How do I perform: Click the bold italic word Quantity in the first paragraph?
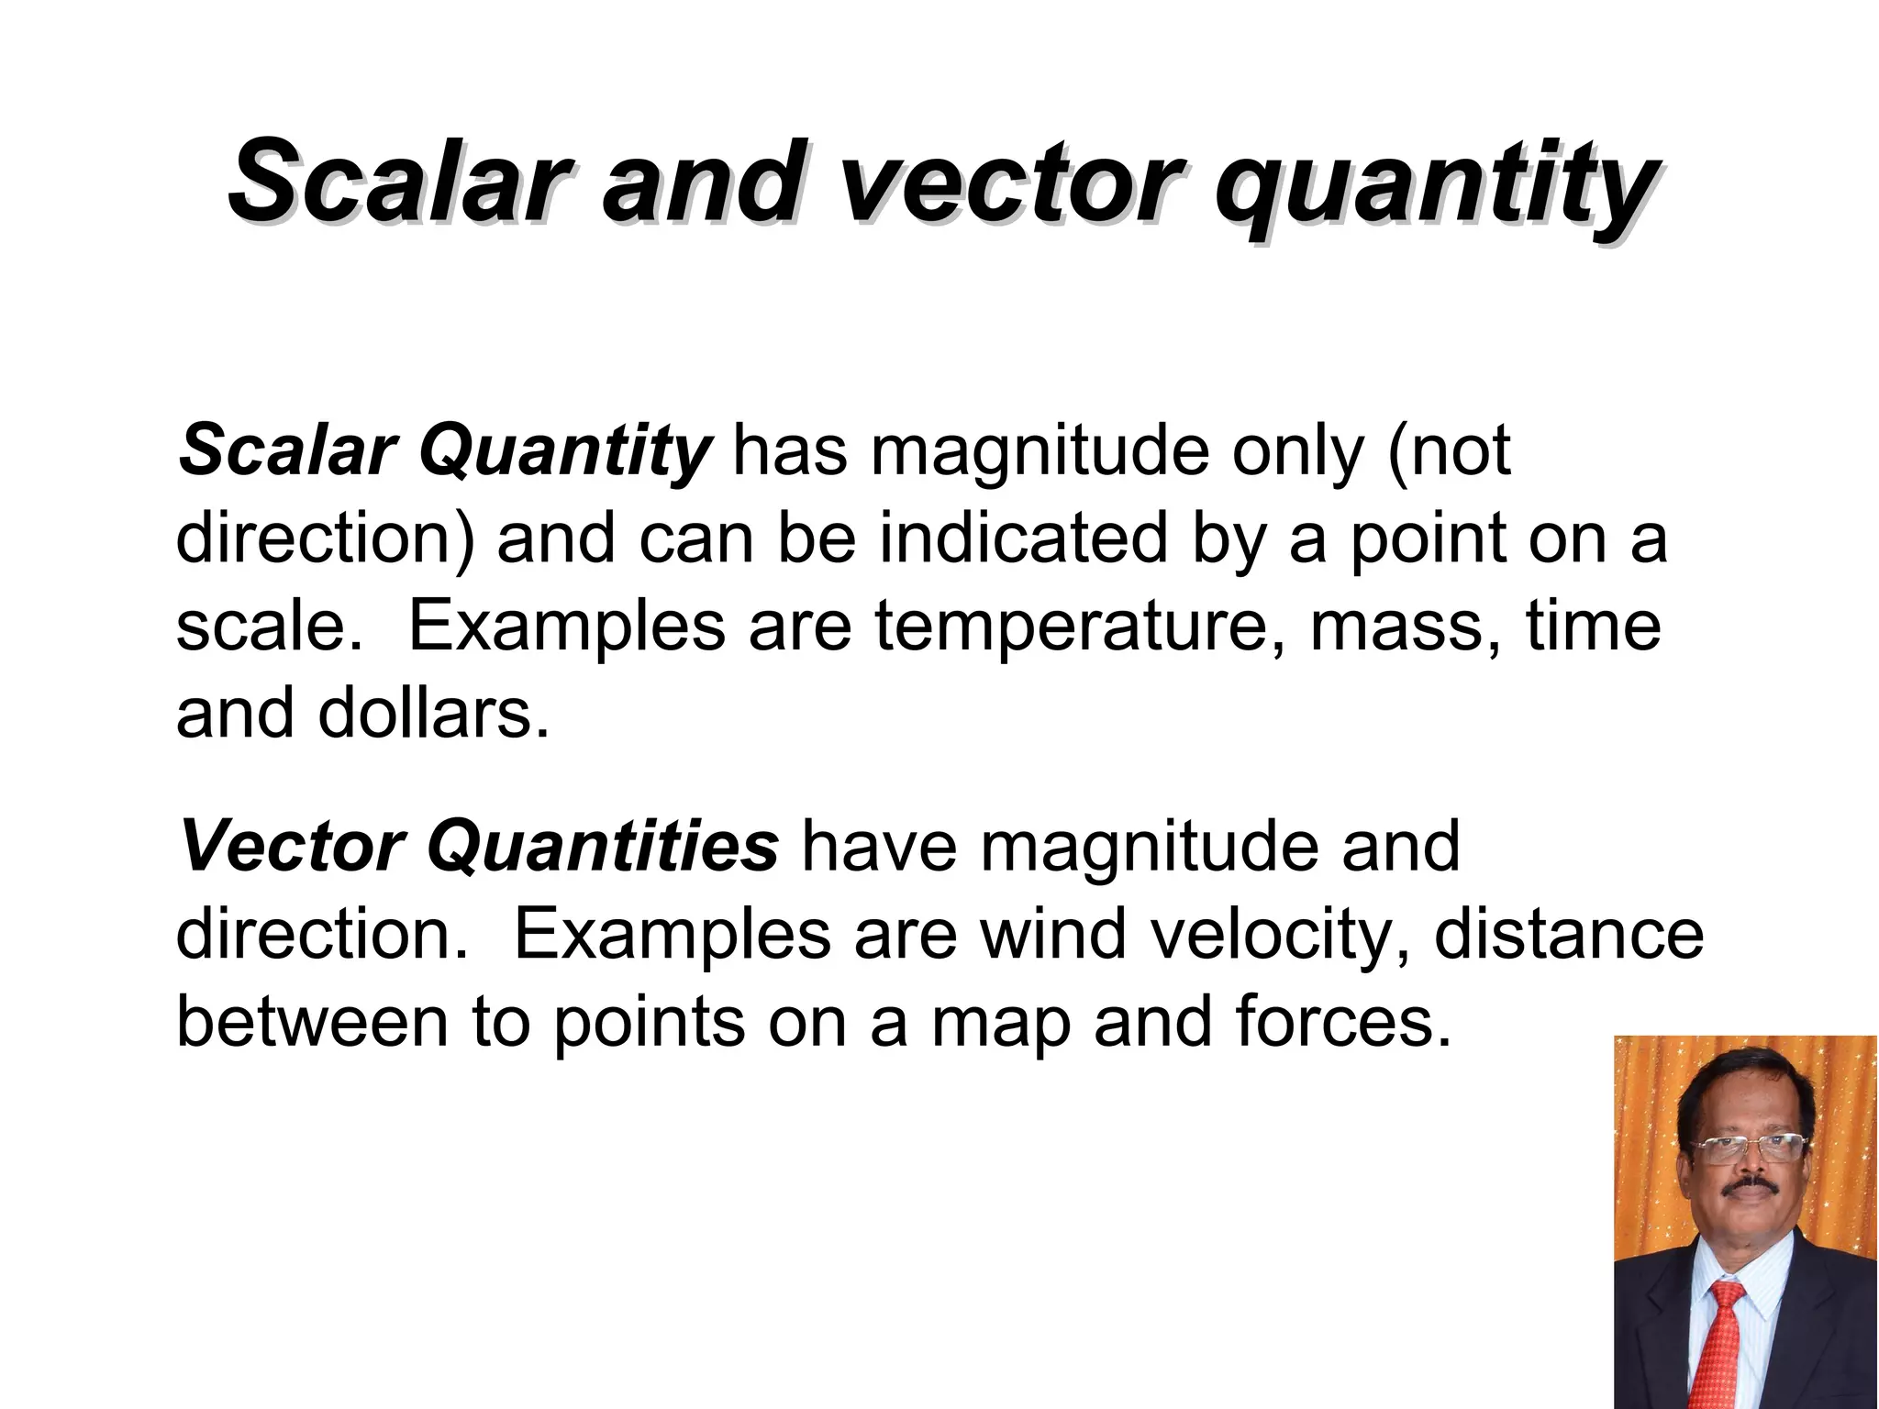pos(564,452)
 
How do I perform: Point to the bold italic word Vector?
pos(292,847)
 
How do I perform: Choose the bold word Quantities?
pos(603,847)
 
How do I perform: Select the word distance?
pos(1568,935)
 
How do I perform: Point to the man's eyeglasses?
pos(1748,1146)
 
